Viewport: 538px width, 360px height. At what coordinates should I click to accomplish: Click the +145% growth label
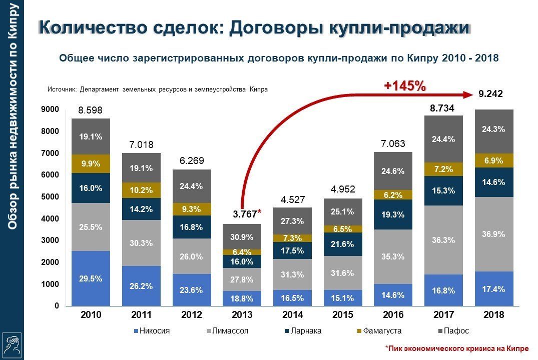(x=404, y=86)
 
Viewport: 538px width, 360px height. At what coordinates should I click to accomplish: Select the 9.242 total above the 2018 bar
(x=490, y=93)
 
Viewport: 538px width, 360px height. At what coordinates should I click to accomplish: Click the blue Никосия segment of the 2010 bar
(x=91, y=278)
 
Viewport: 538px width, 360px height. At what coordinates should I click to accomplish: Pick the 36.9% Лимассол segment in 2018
(x=494, y=234)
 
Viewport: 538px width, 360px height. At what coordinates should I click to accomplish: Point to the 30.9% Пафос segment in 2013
(x=242, y=236)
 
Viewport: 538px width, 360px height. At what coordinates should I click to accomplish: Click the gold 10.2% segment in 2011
(x=141, y=190)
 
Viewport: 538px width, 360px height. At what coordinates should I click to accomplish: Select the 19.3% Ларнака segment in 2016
(x=393, y=214)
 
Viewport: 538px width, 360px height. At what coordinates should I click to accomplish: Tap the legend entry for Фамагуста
(x=379, y=331)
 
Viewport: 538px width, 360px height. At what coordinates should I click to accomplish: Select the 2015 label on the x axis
(x=343, y=315)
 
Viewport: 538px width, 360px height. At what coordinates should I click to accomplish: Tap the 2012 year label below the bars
(x=192, y=315)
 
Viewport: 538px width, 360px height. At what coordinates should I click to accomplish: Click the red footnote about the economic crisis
(x=456, y=348)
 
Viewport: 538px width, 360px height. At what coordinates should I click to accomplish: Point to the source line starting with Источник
(x=157, y=89)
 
